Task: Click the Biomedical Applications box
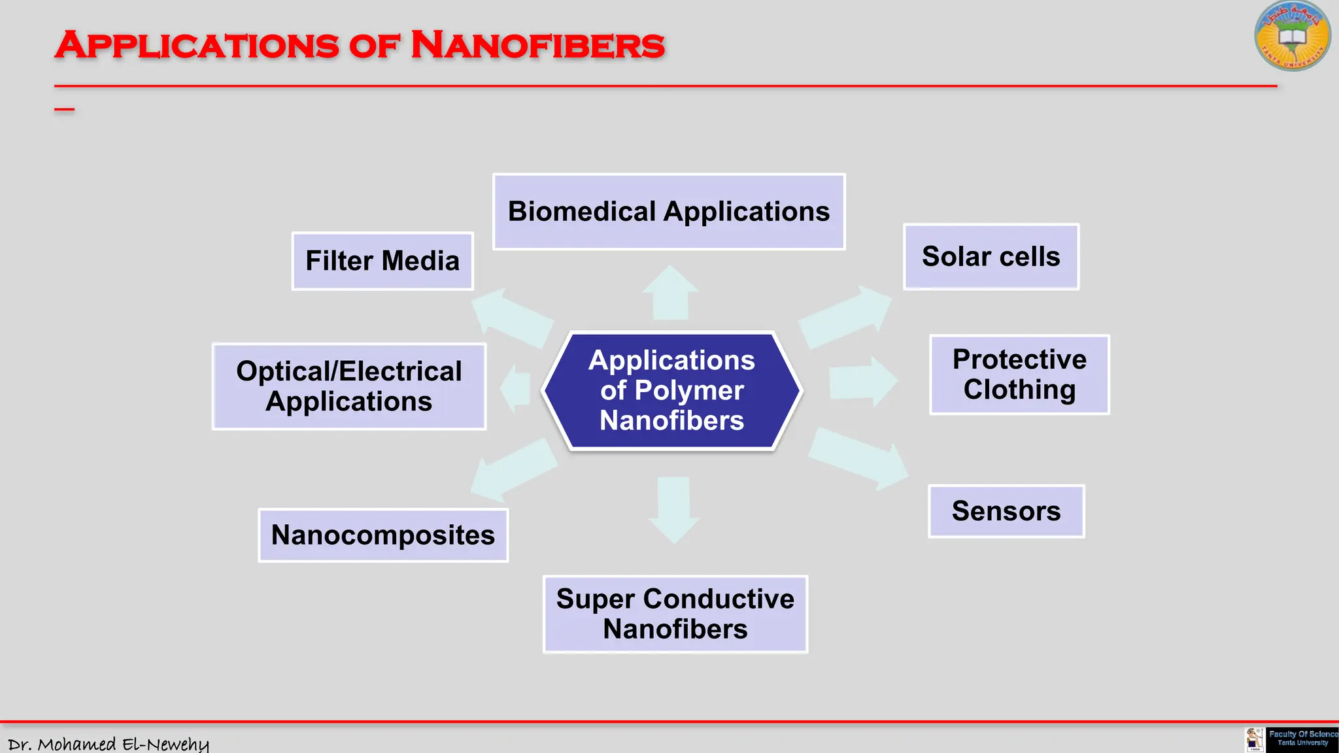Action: pyautogui.click(x=669, y=211)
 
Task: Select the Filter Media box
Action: pyautogui.click(x=382, y=261)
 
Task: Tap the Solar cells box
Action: pyautogui.click(x=991, y=257)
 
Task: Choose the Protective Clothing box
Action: pyautogui.click(x=1019, y=375)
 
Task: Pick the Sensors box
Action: pyautogui.click(x=1006, y=511)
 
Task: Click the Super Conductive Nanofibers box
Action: pyautogui.click(x=675, y=614)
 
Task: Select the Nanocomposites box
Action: pyautogui.click(x=383, y=535)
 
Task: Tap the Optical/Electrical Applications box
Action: pyautogui.click(x=349, y=386)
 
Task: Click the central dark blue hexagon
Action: pyautogui.click(x=672, y=390)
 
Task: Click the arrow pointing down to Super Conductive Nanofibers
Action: pyautogui.click(x=674, y=509)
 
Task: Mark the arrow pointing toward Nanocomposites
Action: pyautogui.click(x=514, y=468)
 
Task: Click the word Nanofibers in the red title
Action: pyautogui.click(x=537, y=46)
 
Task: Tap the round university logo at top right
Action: pyautogui.click(x=1292, y=36)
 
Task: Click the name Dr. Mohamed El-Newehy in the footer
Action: pyautogui.click(x=109, y=744)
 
